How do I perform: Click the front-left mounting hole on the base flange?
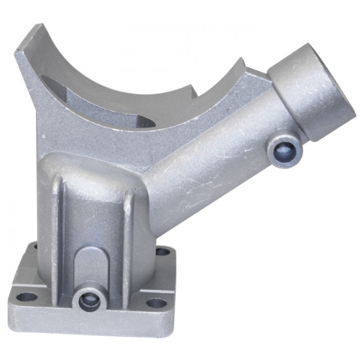click(28, 297)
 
